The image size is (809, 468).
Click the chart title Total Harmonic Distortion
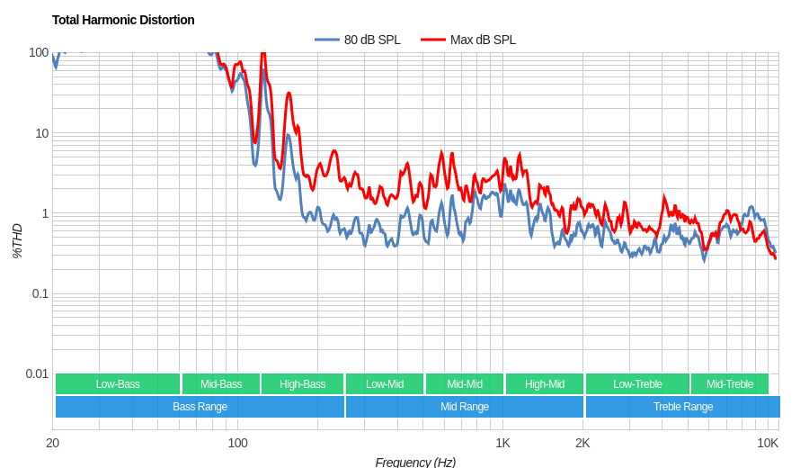[123, 20]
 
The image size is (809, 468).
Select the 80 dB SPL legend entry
[358, 40]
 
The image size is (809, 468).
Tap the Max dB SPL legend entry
[469, 40]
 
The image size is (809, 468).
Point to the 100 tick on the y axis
[39, 52]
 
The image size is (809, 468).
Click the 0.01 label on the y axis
[37, 373]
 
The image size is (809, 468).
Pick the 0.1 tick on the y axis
[40, 293]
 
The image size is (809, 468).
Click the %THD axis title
[17, 241]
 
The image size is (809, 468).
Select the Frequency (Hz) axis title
[415, 462]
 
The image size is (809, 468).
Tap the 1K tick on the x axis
[502, 442]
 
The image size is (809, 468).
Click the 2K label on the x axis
[582, 442]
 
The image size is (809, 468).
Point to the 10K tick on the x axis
[768, 442]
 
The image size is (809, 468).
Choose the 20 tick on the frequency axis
[53, 442]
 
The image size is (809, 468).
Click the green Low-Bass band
[118, 384]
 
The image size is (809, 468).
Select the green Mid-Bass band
[221, 384]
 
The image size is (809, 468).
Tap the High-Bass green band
[302, 384]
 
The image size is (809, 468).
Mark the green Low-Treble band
[637, 384]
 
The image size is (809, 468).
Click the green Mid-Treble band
[730, 384]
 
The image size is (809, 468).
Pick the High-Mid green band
[545, 384]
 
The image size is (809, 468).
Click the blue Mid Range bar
[465, 407]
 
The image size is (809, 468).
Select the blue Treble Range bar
[683, 407]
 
